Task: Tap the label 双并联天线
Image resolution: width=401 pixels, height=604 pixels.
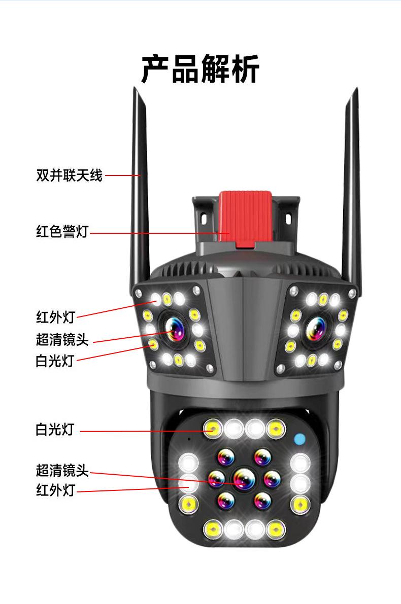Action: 69,175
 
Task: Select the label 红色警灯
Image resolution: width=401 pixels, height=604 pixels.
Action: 62,232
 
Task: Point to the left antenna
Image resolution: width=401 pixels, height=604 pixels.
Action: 140,193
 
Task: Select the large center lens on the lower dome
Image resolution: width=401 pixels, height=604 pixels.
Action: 244,477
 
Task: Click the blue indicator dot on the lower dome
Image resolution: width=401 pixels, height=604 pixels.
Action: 299,439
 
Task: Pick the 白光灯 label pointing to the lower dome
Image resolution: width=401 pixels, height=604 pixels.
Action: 55,431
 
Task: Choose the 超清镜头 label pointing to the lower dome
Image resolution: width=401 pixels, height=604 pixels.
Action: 62,471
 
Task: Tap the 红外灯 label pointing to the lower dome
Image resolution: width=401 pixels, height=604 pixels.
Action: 55,490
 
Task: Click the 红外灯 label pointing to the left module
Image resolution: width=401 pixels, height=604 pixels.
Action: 55,317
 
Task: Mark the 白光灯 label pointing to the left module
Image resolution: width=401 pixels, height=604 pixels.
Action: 55,361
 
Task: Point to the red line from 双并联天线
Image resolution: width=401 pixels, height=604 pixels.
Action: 122,175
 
